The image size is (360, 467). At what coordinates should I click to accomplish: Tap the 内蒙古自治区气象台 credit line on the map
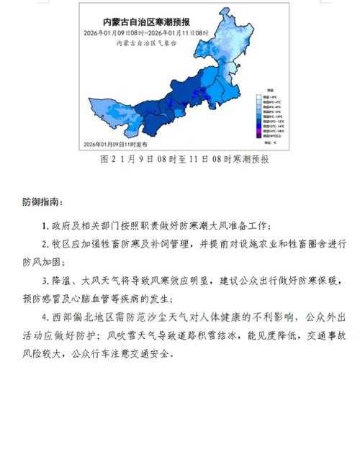click(x=145, y=43)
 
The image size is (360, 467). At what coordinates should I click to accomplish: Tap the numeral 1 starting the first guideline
click(x=45, y=226)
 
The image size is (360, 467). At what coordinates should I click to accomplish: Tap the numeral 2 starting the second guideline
click(x=45, y=244)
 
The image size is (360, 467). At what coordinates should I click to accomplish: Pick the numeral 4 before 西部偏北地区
click(x=45, y=317)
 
